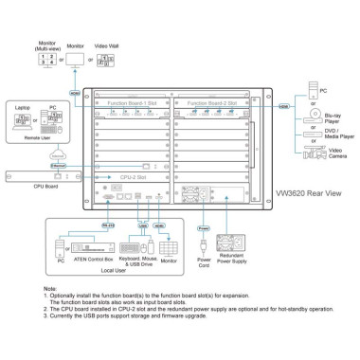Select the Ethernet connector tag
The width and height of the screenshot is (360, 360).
pos(32,165)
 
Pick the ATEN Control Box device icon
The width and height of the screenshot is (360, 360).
pos(99,244)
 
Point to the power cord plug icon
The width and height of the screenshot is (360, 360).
pos(201,248)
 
